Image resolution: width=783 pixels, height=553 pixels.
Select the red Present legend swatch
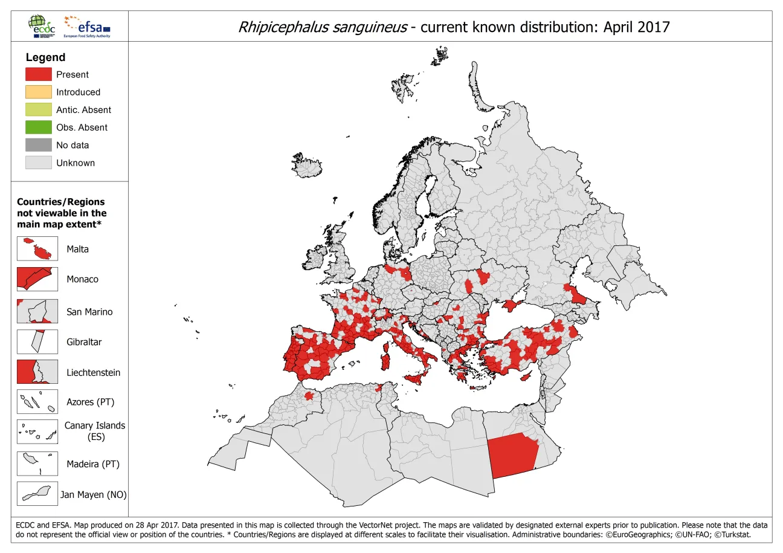pyautogui.click(x=38, y=74)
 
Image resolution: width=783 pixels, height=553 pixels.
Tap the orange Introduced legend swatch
pyautogui.click(x=38, y=92)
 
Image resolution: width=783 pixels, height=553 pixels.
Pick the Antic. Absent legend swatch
pyautogui.click(x=38, y=109)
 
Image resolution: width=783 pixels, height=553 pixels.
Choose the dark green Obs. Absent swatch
pyautogui.click(x=38, y=127)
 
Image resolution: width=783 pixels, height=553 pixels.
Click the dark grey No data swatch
pyautogui.click(x=38, y=145)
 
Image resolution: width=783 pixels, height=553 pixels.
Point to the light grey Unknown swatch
pyautogui.click(x=38, y=163)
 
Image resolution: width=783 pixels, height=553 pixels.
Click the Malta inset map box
pyautogui.click(x=37, y=248)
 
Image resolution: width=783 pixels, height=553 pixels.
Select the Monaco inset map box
pyautogui.click(x=37, y=279)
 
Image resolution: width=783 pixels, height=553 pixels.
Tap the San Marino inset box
pyautogui.click(x=37, y=311)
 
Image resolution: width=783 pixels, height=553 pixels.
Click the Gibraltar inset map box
pyautogui.click(x=37, y=341)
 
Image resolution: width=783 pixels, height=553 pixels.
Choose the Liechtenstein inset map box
pyautogui.click(x=37, y=372)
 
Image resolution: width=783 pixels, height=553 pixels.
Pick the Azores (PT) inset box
pyautogui.click(x=37, y=401)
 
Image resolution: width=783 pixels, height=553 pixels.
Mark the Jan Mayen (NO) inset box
pyautogui.click(x=37, y=494)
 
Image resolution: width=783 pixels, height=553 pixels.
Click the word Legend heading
pyautogui.click(x=45, y=57)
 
